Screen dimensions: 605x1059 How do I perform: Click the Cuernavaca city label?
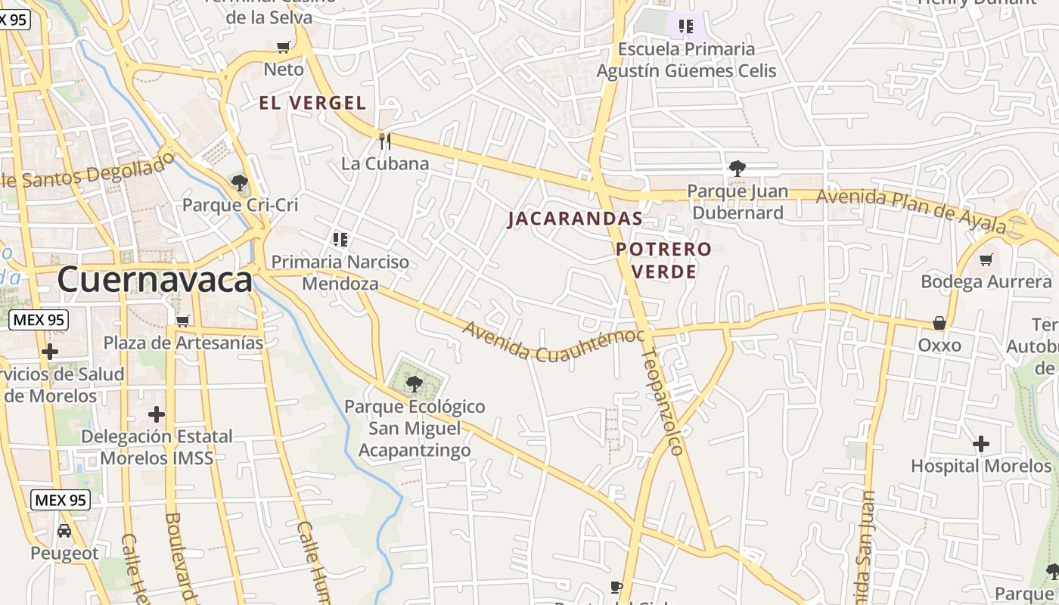[154, 280]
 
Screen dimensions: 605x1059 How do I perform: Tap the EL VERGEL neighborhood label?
[312, 104]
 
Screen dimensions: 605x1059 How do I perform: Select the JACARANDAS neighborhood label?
[575, 219]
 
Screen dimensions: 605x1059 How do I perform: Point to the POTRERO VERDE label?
[663, 260]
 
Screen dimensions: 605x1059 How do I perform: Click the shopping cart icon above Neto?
[284, 48]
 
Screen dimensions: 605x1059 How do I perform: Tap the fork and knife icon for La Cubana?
[385, 141]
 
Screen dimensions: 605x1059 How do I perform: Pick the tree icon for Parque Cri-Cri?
[240, 182]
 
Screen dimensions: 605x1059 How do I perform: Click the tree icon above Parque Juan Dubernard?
[737, 169]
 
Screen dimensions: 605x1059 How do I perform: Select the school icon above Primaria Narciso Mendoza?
[340, 240]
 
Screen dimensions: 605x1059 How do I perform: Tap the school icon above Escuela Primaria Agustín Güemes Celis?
[686, 27]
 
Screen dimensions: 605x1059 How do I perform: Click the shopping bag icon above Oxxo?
[939, 323]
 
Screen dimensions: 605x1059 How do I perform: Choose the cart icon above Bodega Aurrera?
[986, 260]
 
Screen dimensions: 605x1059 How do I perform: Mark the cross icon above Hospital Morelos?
[981, 444]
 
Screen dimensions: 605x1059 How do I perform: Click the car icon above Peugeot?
[64, 531]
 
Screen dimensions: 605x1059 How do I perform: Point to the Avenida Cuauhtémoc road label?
[554, 342]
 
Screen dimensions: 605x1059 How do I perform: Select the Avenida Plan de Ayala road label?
[911, 209]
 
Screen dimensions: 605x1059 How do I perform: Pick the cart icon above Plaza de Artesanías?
[182, 321]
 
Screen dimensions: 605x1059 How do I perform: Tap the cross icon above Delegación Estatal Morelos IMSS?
[157, 414]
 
